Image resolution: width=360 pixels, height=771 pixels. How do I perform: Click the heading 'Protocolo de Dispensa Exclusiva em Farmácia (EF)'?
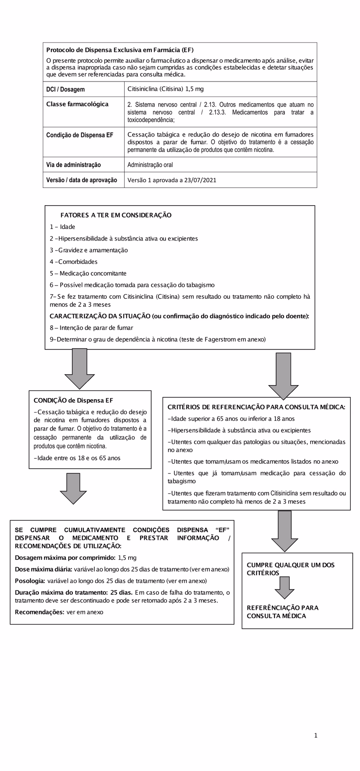click(120, 50)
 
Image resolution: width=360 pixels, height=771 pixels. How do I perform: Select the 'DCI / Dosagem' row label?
click(65, 90)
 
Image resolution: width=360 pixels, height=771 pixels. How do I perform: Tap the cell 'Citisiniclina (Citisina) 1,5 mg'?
click(166, 89)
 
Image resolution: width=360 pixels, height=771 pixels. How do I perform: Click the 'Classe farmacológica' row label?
click(77, 104)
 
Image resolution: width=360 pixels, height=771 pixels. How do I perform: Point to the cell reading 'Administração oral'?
click(150, 165)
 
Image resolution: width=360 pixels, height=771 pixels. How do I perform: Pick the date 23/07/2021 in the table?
click(200, 180)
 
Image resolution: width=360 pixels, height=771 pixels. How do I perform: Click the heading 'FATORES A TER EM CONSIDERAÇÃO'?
click(116, 215)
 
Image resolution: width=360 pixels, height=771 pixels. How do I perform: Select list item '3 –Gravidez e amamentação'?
click(89, 250)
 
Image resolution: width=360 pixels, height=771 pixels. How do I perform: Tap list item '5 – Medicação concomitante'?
click(88, 273)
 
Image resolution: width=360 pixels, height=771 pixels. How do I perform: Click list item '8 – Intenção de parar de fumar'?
click(91, 328)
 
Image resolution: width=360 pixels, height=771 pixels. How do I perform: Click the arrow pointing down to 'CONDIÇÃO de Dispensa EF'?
click(80, 369)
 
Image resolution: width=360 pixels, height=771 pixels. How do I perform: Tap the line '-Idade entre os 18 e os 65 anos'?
click(77, 458)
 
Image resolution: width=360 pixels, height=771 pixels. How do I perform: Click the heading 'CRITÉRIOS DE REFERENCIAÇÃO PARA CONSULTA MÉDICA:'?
click(256, 407)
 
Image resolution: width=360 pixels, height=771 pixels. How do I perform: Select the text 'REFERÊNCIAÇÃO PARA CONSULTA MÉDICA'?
click(282, 612)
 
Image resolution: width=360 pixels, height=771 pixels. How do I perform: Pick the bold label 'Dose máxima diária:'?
click(43, 569)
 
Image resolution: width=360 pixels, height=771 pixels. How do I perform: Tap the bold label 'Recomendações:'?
click(40, 612)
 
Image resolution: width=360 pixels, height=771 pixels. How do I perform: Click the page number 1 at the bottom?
click(316, 736)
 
